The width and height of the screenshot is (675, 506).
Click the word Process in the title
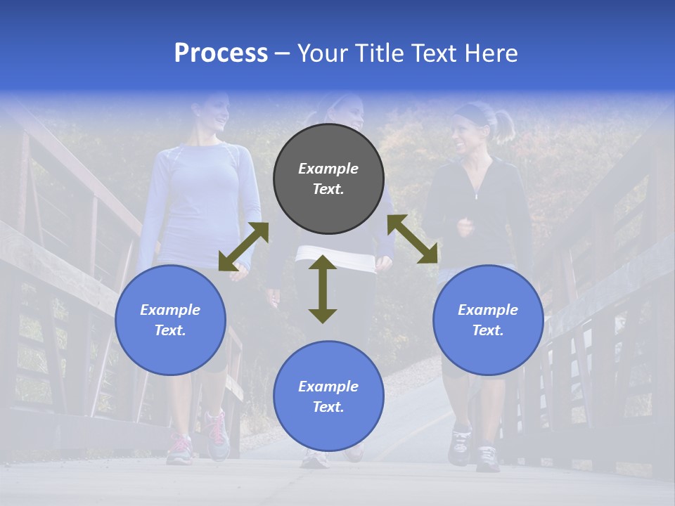click(221, 53)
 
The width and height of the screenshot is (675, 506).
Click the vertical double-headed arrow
click(322, 290)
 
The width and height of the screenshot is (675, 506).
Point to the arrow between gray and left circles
click(243, 247)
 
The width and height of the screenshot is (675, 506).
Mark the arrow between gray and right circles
click(413, 239)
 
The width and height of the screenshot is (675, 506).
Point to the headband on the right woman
click(472, 112)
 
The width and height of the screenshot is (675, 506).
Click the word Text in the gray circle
click(328, 189)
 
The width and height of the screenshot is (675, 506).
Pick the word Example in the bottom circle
click(328, 386)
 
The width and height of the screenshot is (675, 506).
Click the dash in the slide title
click(283, 53)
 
